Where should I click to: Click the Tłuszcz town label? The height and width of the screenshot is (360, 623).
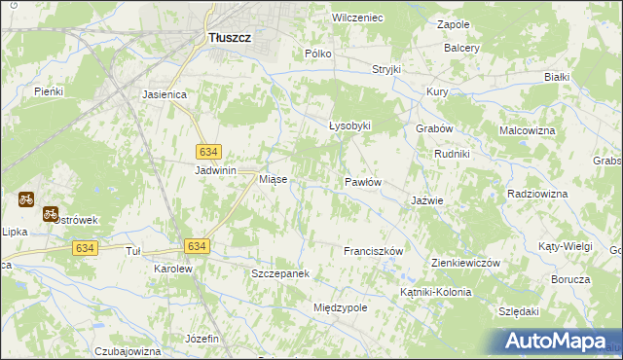(x=230, y=38)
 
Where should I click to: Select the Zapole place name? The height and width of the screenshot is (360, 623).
(x=454, y=23)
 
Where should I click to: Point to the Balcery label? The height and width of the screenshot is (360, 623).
(x=461, y=48)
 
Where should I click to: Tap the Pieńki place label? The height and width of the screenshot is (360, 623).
(x=48, y=91)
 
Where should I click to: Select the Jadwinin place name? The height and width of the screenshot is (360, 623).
(x=216, y=170)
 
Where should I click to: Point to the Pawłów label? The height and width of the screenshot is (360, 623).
(x=362, y=182)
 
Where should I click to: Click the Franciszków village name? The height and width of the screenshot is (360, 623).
(x=373, y=251)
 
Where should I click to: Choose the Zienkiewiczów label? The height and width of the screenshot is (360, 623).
(x=465, y=264)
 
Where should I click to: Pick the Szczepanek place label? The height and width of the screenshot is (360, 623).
(x=280, y=274)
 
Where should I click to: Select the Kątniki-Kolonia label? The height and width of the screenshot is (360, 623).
(x=435, y=292)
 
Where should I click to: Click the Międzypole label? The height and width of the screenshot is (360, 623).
(x=340, y=307)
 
